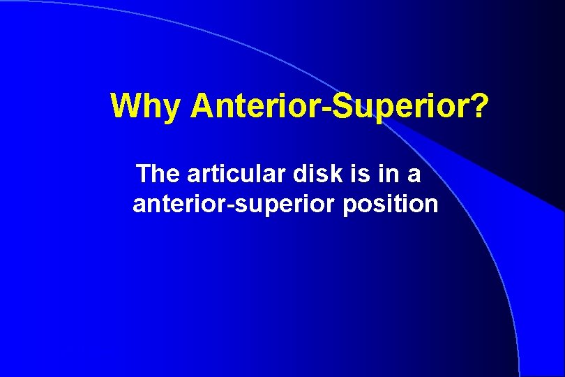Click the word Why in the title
tap(146, 106)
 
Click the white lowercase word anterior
tap(176, 205)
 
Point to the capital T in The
tap(145, 173)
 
